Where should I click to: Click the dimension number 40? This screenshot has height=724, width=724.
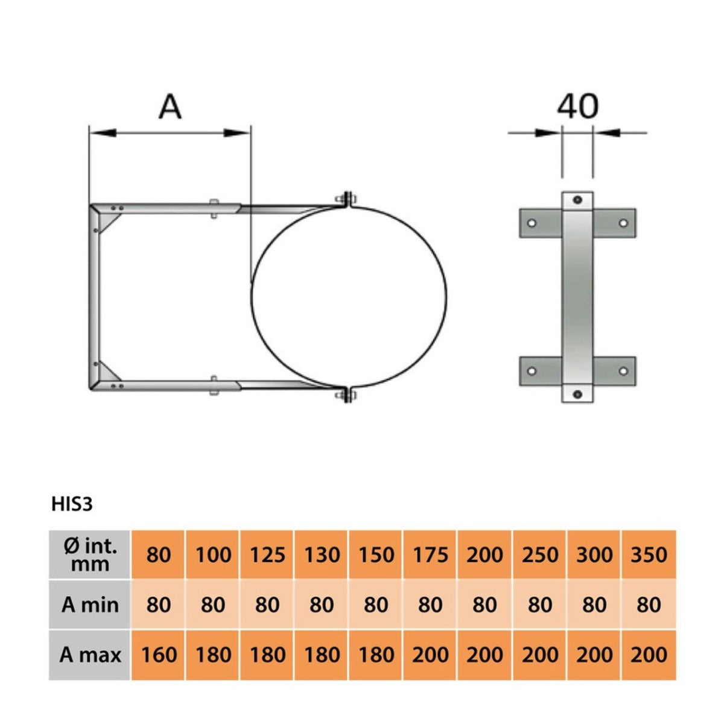[x=577, y=106]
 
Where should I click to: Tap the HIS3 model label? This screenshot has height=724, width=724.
[x=72, y=504]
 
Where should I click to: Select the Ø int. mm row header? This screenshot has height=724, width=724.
[x=90, y=555]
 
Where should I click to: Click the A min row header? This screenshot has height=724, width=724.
[x=90, y=605]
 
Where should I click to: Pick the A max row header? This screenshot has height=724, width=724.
[x=90, y=655]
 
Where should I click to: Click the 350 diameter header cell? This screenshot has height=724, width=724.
[x=649, y=555]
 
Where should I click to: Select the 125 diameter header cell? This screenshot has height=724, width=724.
[x=267, y=555]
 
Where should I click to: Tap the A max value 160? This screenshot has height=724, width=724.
[x=159, y=655]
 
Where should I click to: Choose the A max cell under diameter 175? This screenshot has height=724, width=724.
[x=430, y=655]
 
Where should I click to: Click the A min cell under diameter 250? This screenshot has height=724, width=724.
[x=539, y=605]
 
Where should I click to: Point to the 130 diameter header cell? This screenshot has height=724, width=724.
[x=322, y=555]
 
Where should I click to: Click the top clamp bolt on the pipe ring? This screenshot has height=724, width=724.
[x=348, y=200]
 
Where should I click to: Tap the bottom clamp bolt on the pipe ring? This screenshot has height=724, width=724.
[x=348, y=396]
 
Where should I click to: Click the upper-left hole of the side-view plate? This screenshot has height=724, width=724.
[x=532, y=223]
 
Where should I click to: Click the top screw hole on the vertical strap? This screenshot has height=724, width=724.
[x=577, y=200]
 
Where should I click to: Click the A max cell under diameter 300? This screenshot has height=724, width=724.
[x=594, y=655]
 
